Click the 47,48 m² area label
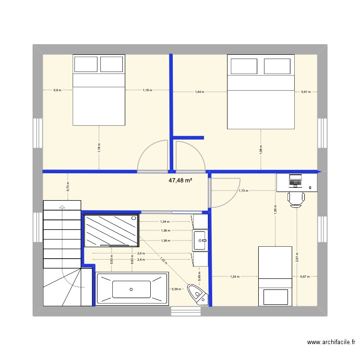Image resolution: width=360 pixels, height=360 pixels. coord(180,180)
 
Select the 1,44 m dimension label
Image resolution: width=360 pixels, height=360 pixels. coord(199,91)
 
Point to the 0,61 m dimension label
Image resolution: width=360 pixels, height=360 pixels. coord(306,91)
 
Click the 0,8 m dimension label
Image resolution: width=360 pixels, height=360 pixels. coord(57,90)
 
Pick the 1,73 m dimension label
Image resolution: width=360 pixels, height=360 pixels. coord(243,191)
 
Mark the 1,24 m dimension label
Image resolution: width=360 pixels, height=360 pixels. coord(235,276)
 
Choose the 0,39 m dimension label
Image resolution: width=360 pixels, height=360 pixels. coord(176,289)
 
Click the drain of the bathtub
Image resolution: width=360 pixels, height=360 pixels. coord(131,289)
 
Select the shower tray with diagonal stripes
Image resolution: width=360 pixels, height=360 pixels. coord(111,230)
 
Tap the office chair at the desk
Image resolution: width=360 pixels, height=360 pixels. coord(296,198)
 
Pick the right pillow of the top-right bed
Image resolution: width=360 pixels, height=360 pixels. coord(277,66)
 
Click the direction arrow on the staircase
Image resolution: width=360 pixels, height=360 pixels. coord(61,207)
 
